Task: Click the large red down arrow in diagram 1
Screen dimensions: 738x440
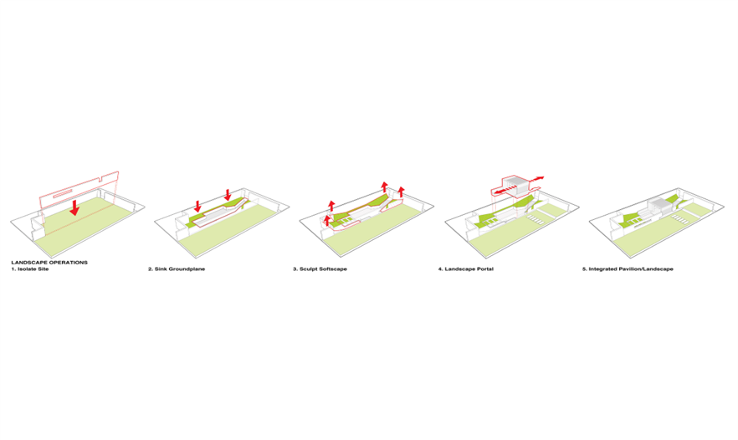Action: click(x=74, y=207)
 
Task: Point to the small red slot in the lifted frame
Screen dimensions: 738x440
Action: click(x=62, y=192)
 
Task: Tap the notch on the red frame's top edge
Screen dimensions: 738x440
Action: click(x=102, y=178)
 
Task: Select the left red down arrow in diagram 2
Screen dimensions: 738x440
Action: click(x=197, y=206)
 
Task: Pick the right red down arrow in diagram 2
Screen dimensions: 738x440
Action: click(x=228, y=195)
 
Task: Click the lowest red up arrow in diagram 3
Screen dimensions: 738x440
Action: click(x=328, y=221)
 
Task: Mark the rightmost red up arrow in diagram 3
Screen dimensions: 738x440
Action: click(x=401, y=192)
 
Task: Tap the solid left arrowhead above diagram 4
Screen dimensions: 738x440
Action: click(x=499, y=192)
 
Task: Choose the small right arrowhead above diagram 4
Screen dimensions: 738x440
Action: click(x=540, y=178)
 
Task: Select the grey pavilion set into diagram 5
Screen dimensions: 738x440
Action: click(x=658, y=207)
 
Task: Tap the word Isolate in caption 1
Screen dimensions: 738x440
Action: click(x=26, y=269)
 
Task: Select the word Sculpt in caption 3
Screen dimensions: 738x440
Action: click(x=309, y=269)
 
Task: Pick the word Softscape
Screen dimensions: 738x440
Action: click(x=333, y=269)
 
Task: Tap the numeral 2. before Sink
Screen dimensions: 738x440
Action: click(x=151, y=269)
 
